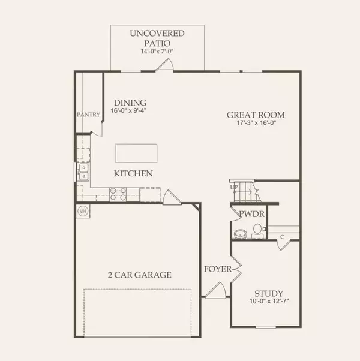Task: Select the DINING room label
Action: tap(130, 103)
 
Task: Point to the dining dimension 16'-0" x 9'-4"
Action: tap(129, 111)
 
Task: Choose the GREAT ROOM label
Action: tap(256, 115)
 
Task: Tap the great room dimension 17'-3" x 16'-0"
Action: tap(256, 124)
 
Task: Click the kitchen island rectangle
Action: tap(136, 152)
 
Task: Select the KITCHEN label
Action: tap(133, 174)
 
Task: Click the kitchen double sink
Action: tap(83, 172)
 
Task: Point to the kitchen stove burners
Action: tap(118, 193)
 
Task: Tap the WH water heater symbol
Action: tap(83, 211)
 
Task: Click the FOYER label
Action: tap(216, 269)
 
